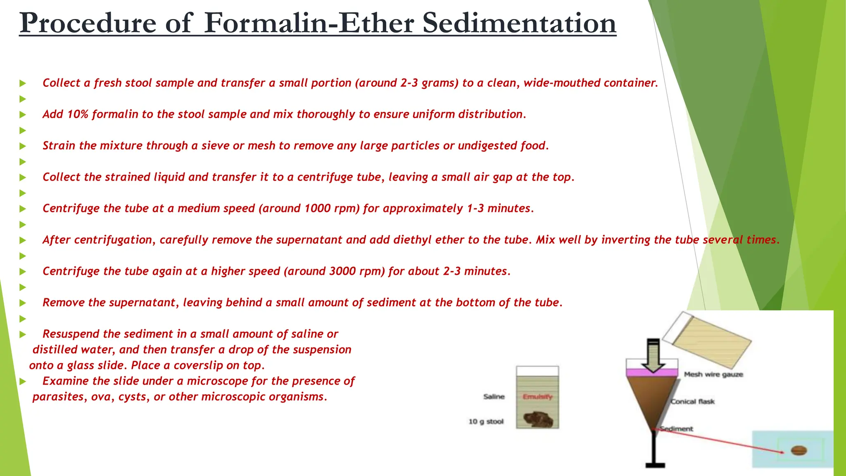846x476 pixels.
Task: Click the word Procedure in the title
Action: (88, 23)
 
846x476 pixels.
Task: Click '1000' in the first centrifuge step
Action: (318, 209)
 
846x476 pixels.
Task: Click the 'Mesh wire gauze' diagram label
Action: (713, 374)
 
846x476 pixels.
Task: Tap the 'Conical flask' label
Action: (693, 402)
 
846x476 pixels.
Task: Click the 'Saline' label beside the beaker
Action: (494, 397)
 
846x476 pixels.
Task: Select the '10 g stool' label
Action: (486, 421)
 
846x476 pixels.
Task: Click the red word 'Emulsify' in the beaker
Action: (537, 397)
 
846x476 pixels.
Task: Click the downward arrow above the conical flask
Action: (653, 355)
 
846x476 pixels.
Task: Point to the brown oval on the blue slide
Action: (799, 450)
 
